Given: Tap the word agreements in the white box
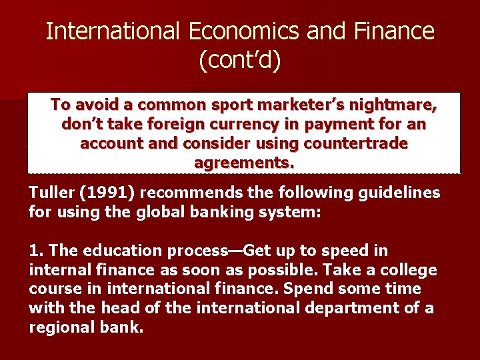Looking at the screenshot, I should [243, 163].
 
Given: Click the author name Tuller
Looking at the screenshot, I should [49, 193].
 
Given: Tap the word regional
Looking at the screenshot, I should [58, 327].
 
